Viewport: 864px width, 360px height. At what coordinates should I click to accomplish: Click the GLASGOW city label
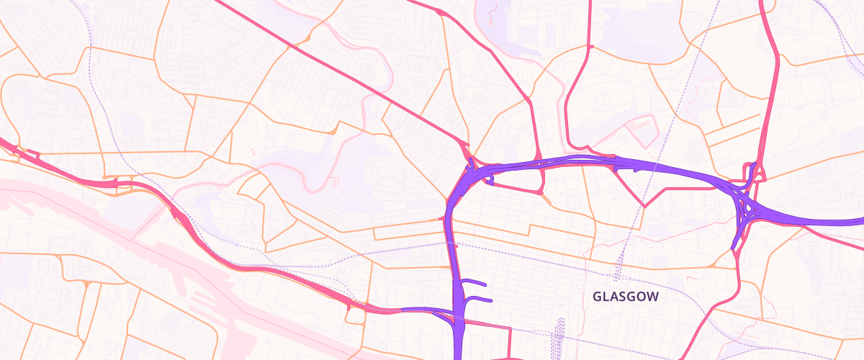point(625,296)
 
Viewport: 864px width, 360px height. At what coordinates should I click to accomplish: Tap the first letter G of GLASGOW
point(597,296)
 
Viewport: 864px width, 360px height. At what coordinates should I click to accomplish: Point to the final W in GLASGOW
point(652,296)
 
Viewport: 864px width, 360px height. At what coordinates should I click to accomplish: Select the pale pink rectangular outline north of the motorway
point(641,130)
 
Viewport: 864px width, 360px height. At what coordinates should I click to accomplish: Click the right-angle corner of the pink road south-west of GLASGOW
point(510,329)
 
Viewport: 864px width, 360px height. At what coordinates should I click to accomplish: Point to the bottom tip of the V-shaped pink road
point(644,206)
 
